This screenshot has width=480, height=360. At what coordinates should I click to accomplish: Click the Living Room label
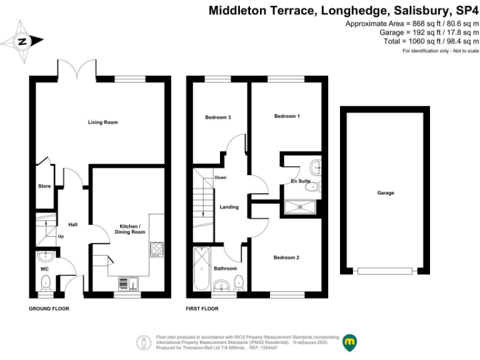point(102,122)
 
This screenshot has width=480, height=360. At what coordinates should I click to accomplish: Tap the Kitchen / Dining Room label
point(132,229)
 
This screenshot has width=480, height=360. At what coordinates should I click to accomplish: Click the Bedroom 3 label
point(218,117)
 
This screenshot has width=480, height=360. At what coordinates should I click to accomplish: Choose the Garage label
point(386,193)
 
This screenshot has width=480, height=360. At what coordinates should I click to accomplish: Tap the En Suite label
point(300,181)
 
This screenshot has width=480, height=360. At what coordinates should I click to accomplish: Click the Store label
point(44,186)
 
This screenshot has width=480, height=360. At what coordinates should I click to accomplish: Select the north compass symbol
point(22,42)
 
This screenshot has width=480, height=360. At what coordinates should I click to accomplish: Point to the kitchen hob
point(156,249)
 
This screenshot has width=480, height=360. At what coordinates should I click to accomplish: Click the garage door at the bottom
point(386,271)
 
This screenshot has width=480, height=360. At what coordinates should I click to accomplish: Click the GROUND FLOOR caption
point(49,309)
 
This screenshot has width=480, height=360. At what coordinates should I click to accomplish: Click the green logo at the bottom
point(350,342)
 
